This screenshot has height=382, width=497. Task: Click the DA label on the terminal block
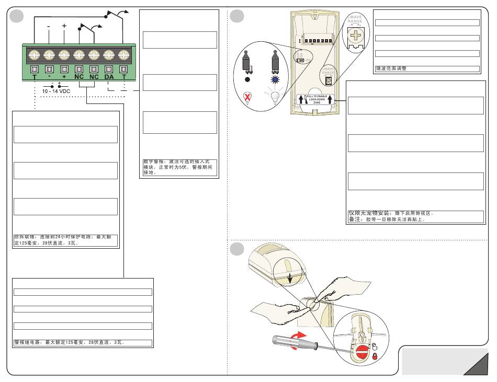(109, 76)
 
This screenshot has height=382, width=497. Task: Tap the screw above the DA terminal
(109, 54)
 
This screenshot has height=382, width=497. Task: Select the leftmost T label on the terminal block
(35, 76)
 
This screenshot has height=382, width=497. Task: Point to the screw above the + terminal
(64, 54)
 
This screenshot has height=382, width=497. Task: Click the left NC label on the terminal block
(79, 76)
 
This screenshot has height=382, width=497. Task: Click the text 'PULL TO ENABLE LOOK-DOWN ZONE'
(317, 99)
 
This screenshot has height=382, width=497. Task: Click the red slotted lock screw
(359, 349)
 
